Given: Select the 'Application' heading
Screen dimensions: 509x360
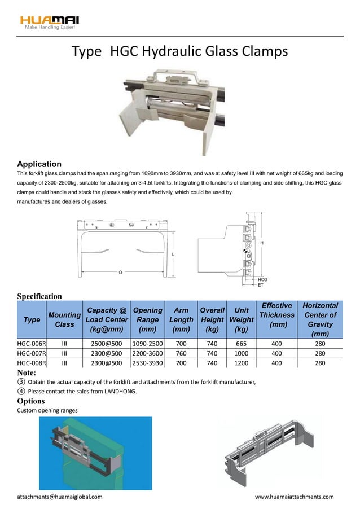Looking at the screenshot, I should (39, 163).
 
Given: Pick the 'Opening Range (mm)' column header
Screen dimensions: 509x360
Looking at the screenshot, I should (147, 319).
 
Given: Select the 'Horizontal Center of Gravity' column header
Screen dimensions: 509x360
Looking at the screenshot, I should (320, 319).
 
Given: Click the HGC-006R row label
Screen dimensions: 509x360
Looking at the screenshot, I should (32, 343).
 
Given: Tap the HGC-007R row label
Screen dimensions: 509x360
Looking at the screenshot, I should (32, 353).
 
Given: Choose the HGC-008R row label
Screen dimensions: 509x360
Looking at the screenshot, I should (32, 363).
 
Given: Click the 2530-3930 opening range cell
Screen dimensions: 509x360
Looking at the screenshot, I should (147, 363).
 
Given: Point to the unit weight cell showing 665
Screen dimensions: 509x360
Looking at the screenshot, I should (242, 343).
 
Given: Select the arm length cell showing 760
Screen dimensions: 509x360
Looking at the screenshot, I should (181, 353).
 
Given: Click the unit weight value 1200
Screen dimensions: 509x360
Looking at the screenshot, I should (242, 363).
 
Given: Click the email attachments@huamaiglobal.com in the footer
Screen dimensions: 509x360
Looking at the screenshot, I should (60, 497).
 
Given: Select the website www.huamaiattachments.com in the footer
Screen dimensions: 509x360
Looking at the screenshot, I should (294, 497).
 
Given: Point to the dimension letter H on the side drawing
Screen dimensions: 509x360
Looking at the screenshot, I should (261, 242).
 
